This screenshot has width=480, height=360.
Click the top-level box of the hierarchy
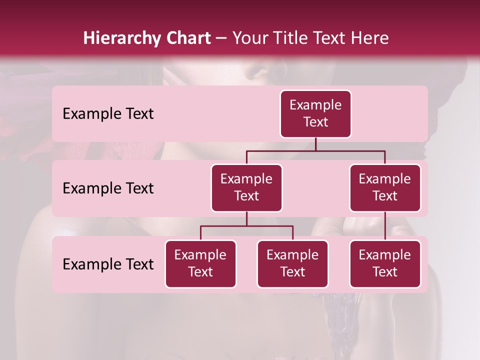click(x=315, y=114)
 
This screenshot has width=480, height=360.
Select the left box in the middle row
click(x=246, y=188)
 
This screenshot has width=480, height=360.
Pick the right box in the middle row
click(x=385, y=188)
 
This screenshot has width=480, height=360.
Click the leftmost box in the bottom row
click(x=200, y=264)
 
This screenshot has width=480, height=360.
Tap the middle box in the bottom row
click(x=292, y=264)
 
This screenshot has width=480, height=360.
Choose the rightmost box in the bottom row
click(x=385, y=264)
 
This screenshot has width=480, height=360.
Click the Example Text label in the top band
click(x=108, y=114)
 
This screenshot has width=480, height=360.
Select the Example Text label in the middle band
click(x=108, y=188)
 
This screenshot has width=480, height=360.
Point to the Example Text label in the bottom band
click(x=108, y=264)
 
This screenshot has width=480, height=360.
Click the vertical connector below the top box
click(x=315, y=144)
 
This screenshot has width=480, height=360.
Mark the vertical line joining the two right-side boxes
click(x=385, y=226)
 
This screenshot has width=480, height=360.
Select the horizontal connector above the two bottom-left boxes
click(x=246, y=226)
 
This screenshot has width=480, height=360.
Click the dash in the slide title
click(x=221, y=38)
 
